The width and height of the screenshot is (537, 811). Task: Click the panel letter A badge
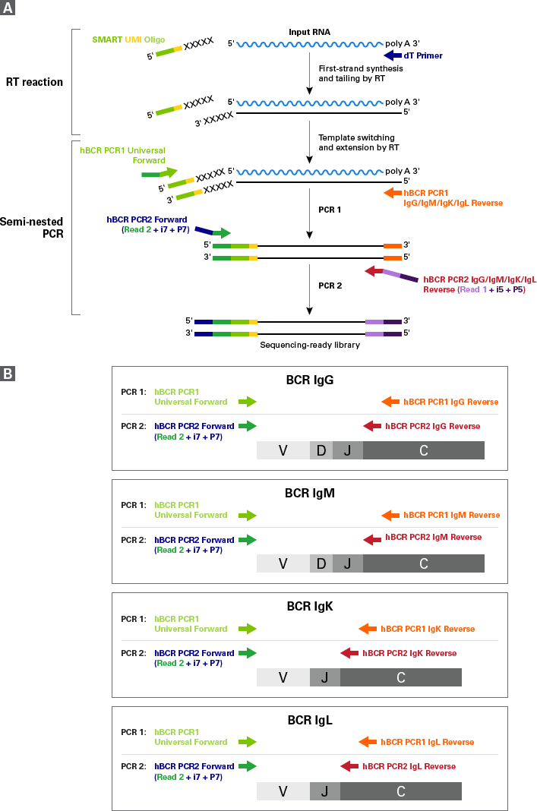[x=8, y=8]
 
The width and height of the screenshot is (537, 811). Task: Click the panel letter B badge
[x=8, y=374]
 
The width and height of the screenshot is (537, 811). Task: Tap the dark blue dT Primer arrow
[x=393, y=55]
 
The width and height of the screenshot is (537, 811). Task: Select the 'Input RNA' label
[x=309, y=32]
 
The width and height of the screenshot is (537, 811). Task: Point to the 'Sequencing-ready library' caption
[x=310, y=345]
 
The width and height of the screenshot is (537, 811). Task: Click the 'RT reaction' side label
[x=34, y=82]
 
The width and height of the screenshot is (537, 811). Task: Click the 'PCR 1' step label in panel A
[x=330, y=210]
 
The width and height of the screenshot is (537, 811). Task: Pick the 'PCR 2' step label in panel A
[x=330, y=286]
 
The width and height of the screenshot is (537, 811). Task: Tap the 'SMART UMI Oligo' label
[x=128, y=39]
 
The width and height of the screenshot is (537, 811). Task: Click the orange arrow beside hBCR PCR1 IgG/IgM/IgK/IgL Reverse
[x=393, y=193]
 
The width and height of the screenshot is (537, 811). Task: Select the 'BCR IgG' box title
[x=310, y=380]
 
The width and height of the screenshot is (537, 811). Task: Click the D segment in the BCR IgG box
[x=321, y=450]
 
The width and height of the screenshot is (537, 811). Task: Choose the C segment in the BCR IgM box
[x=424, y=563]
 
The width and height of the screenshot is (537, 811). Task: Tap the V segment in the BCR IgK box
[x=283, y=677]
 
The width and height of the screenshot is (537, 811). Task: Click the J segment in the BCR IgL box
[x=325, y=790]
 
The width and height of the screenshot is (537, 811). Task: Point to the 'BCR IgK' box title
[x=310, y=606]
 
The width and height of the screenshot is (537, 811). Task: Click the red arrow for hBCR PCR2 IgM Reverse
[x=372, y=539]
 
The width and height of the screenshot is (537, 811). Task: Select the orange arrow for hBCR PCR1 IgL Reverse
[x=368, y=742]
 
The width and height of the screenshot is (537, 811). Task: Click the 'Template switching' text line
[x=356, y=137]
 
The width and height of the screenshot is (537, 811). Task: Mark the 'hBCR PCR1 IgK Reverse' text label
[x=428, y=629]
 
